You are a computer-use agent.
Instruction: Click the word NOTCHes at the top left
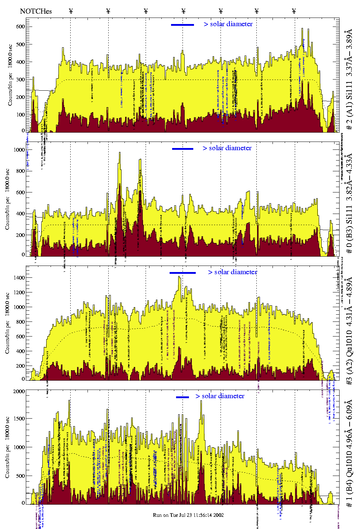[36, 11]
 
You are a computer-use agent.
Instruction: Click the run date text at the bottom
[188, 515]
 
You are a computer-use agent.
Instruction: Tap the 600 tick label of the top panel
[20, 27]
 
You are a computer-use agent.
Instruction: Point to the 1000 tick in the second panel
[18, 150]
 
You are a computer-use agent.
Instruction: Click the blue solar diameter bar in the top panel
[183, 25]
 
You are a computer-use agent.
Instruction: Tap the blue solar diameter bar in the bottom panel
[183, 397]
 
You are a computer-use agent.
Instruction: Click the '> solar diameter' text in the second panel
[227, 148]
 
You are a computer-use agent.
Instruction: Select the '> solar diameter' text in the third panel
[232, 272]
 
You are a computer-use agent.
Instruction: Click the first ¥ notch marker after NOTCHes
[71, 11]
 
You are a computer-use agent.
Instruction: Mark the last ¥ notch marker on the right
[294, 11]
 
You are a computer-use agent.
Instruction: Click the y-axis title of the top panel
[10, 75]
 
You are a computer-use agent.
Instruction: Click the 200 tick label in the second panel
[20, 235]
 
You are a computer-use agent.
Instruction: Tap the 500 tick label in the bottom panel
[20, 476]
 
